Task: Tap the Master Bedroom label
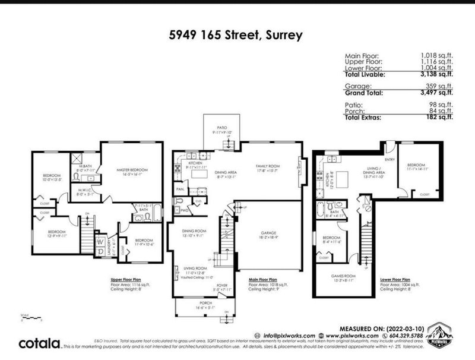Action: click(x=132, y=170)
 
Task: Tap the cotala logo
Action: click(x=39, y=343)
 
